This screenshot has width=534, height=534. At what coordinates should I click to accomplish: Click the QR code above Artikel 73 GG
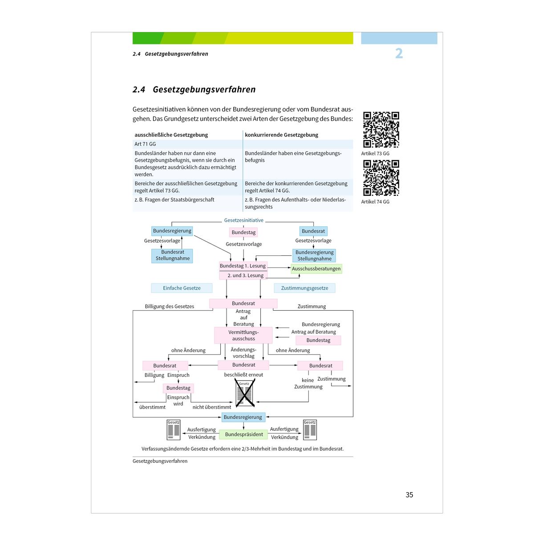381,129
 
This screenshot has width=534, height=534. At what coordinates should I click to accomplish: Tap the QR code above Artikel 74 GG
381,178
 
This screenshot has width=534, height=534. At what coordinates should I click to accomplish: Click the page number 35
409,495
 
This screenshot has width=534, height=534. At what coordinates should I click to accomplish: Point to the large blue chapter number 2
399,53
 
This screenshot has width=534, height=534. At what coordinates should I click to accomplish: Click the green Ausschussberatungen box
316,268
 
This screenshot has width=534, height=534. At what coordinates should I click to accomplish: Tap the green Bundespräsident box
243,434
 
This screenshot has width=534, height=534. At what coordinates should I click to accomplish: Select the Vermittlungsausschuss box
243,336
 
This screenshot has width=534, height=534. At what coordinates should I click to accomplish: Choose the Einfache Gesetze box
182,288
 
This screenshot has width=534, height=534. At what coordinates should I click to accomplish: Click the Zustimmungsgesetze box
304,288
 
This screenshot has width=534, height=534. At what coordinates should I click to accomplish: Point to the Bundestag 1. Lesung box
243,266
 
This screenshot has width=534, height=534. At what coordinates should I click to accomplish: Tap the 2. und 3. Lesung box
243,275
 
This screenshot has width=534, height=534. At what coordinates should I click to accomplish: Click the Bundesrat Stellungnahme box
172,255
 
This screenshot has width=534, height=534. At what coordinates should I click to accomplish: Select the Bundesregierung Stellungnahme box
314,255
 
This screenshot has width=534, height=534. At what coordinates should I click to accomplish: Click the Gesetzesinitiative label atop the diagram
243,220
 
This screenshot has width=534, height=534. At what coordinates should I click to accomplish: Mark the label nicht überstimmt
212,407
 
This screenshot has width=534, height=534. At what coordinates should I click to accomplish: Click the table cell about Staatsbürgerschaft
174,200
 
